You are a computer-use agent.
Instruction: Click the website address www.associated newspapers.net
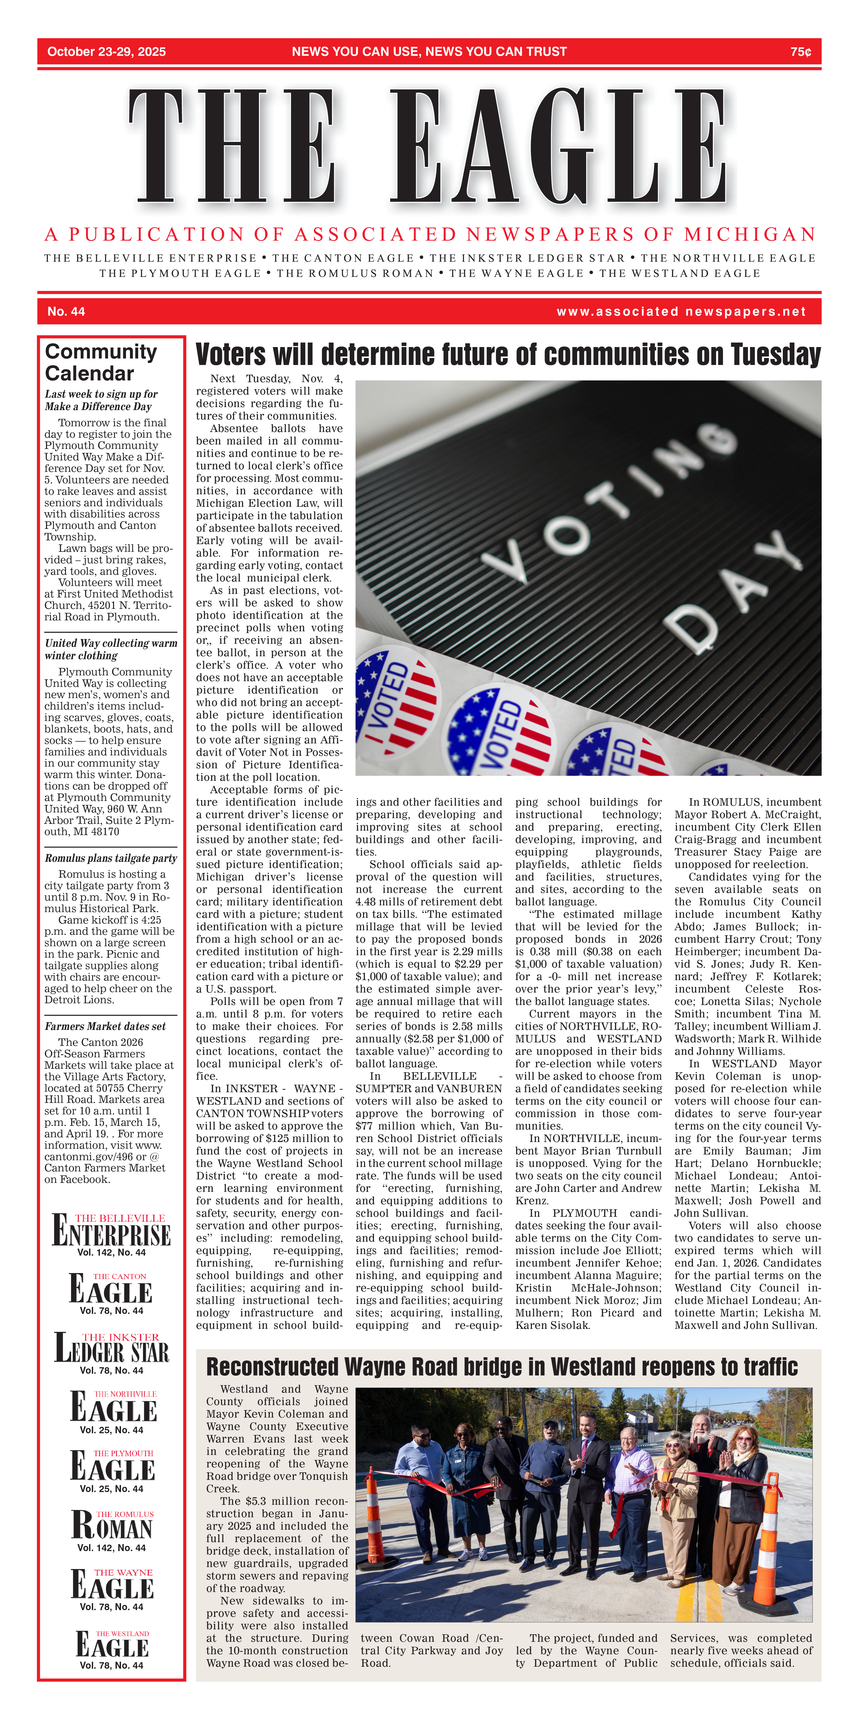tap(681, 312)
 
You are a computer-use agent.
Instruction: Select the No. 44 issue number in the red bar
tap(66, 312)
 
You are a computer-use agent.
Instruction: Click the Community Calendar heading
tap(101, 362)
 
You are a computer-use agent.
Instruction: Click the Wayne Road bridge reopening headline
tap(501, 1367)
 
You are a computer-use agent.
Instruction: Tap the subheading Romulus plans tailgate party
tap(111, 858)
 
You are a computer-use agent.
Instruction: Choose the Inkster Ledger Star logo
tap(111, 1348)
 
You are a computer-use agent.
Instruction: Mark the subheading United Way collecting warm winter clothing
tap(111, 649)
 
